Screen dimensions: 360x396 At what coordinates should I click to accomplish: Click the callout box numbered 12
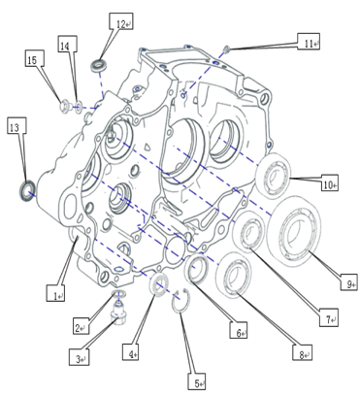tap(121, 21)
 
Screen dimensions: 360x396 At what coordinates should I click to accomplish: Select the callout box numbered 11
tap(309, 42)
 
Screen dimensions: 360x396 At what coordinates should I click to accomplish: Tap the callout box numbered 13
tap(16, 125)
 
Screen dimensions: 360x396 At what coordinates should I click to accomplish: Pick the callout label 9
tap(349, 281)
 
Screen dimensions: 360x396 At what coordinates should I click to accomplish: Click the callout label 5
tap(197, 381)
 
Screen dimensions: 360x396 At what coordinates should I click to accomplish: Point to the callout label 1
tap(55, 293)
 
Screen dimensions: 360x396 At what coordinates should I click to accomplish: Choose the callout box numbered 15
tap(35, 58)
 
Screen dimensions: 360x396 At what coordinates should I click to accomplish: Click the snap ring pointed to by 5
tap(180, 301)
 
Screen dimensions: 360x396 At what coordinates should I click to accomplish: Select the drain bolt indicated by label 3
tap(118, 313)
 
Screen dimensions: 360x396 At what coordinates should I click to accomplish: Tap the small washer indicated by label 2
tap(119, 294)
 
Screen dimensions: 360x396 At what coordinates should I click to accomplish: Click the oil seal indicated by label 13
tap(26, 191)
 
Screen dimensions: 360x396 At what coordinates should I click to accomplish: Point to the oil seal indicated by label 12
tap(99, 66)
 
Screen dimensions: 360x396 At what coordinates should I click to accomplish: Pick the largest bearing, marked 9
tap(294, 228)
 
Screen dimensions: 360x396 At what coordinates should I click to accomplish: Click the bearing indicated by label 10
tap(274, 175)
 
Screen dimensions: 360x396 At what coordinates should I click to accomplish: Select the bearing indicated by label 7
tap(248, 231)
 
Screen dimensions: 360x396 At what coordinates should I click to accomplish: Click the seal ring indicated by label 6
tap(196, 268)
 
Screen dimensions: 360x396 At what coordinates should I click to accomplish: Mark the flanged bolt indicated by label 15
tap(65, 105)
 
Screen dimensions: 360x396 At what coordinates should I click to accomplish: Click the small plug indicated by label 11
tap(227, 49)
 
